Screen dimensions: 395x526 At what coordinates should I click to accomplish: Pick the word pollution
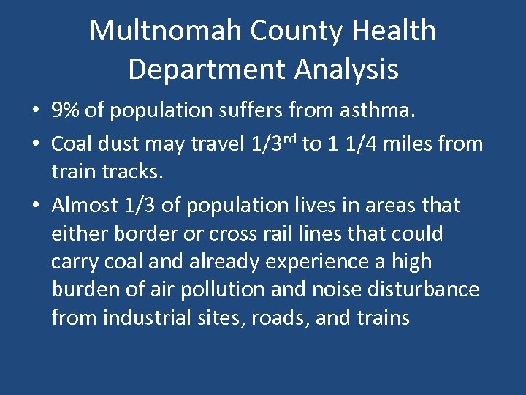pos(219,290)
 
